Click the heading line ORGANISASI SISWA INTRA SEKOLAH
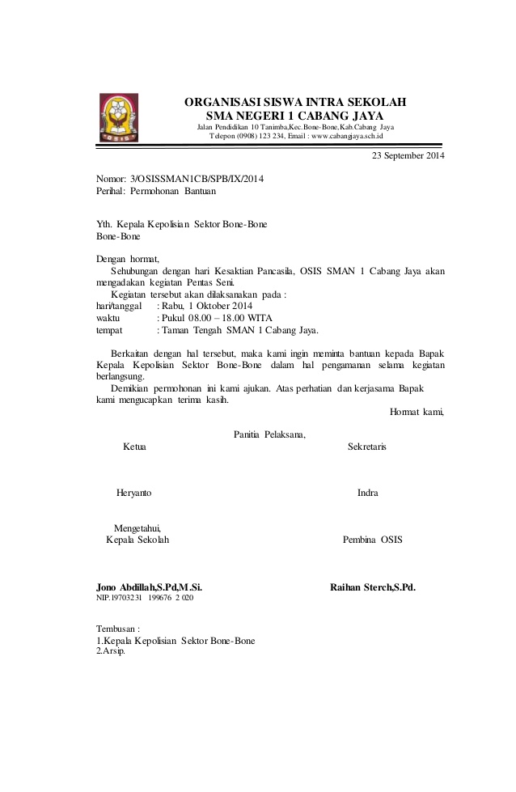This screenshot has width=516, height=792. tap(295, 102)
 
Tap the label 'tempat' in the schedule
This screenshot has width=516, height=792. tap(109, 330)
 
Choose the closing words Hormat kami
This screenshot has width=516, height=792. tap(417, 412)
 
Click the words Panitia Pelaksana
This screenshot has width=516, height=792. tap(269, 434)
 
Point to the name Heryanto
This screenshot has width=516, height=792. tap(133, 493)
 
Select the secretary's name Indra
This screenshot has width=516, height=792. tap(367, 493)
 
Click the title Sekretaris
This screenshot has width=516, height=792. tap(366, 447)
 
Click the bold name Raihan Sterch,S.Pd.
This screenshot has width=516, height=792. tap(373, 587)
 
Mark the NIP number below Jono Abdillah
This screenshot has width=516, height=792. tap(145, 598)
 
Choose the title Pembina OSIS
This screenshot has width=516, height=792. tap(372, 540)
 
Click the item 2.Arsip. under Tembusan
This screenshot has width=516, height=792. tap(111, 651)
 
